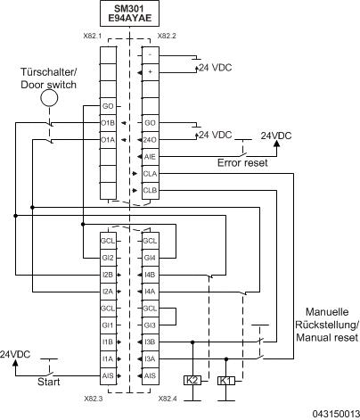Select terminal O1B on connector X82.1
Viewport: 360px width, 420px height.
click(108, 123)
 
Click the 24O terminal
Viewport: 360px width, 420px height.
click(150, 140)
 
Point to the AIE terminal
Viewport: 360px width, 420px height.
click(150, 156)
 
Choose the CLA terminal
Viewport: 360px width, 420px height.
click(150, 173)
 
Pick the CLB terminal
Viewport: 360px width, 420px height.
click(150, 189)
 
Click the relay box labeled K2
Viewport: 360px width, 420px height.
click(191, 380)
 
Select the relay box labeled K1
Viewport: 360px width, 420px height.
click(225, 380)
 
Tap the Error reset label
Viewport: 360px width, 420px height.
click(242, 162)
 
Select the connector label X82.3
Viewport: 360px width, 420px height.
click(94, 399)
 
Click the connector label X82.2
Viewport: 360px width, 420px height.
click(168, 37)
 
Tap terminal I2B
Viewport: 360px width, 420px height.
click(108, 274)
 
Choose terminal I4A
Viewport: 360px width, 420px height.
click(150, 291)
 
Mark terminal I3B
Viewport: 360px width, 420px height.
click(150, 342)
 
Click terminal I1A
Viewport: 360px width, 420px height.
click(108, 358)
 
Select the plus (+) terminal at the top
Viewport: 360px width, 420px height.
click(150, 70)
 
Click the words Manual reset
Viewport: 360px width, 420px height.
click(326, 337)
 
